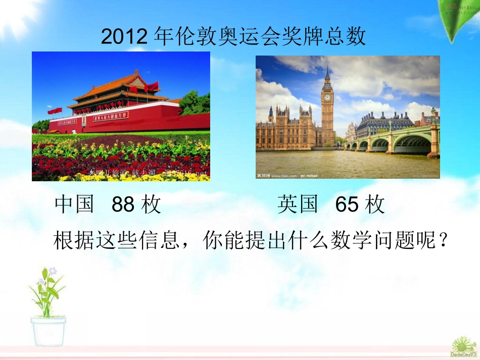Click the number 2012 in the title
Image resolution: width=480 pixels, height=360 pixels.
tap(124, 37)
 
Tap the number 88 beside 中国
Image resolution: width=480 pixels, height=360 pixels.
tap(123, 205)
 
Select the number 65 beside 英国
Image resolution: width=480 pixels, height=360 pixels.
tap(347, 205)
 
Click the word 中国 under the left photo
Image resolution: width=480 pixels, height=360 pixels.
tap(75, 205)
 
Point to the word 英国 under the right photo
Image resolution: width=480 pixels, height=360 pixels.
tap(298, 205)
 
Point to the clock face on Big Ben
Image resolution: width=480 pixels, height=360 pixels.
tap(327, 97)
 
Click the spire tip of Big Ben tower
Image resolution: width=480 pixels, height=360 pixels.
tap(327, 68)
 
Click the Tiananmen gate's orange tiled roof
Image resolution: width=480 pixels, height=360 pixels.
tap(119, 83)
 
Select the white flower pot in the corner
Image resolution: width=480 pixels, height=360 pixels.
tap(48, 331)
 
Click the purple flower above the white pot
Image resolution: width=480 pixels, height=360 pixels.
tap(53, 271)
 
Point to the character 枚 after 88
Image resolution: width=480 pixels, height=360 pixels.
tap(151, 205)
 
